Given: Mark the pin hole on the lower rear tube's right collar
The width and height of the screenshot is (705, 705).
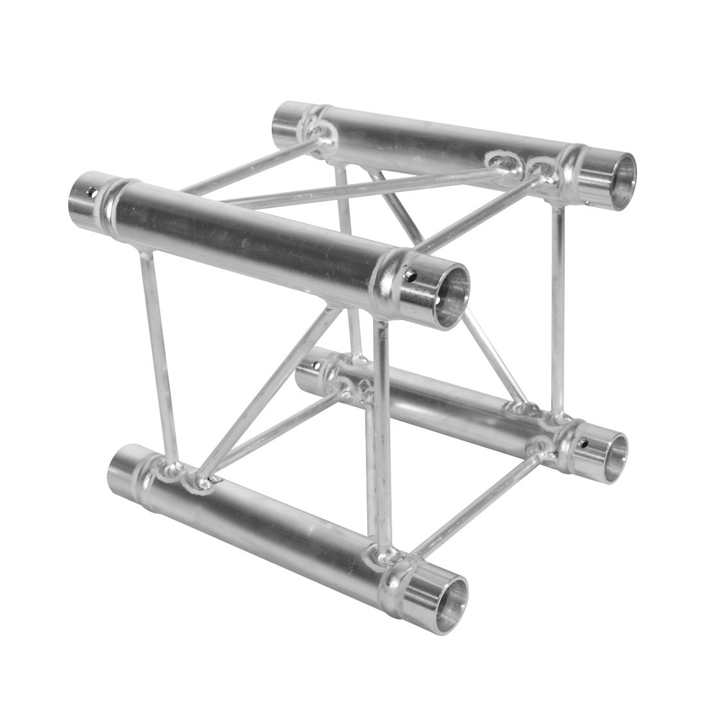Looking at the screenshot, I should [x=583, y=442].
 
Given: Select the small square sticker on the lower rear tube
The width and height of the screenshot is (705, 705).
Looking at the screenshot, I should [x=363, y=387].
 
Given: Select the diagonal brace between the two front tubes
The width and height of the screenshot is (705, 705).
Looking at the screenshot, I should [x=269, y=391].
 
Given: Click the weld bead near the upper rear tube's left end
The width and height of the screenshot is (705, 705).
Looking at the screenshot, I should [x=320, y=131].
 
